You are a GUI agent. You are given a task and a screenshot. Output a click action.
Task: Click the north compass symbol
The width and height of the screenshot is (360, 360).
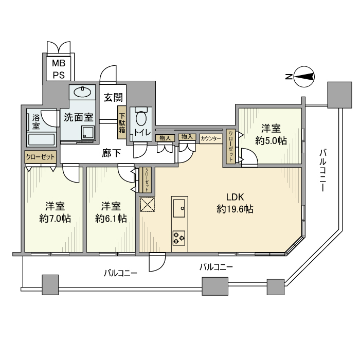click(304, 77)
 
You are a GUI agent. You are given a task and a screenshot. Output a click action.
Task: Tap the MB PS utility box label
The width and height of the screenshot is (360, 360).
click(57, 69)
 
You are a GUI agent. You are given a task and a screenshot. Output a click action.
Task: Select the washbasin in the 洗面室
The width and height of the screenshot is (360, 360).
click(82, 93)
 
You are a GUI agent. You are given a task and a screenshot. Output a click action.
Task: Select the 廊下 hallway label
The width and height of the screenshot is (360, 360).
click(112, 153)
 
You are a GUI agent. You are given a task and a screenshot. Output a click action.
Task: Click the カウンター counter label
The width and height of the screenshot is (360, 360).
click(211, 138)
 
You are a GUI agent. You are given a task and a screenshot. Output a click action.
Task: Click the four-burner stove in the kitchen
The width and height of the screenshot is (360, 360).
click(179, 238)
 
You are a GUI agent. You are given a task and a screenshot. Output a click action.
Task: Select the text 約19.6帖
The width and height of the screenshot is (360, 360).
click(235, 209)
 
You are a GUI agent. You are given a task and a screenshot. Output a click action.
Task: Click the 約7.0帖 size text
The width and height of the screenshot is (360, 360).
click(55, 218)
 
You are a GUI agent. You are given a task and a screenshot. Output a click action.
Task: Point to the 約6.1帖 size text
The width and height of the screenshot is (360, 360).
click(111, 218)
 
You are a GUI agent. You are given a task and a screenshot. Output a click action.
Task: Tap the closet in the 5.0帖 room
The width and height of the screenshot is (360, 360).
click(230, 147)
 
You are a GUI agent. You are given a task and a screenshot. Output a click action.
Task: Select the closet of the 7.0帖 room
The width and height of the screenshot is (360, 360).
click(40, 157)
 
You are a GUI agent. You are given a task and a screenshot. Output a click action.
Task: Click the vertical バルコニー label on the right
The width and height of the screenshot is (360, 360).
click(322, 170)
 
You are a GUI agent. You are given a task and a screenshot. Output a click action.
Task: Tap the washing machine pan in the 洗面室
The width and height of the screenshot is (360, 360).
click(86, 133)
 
